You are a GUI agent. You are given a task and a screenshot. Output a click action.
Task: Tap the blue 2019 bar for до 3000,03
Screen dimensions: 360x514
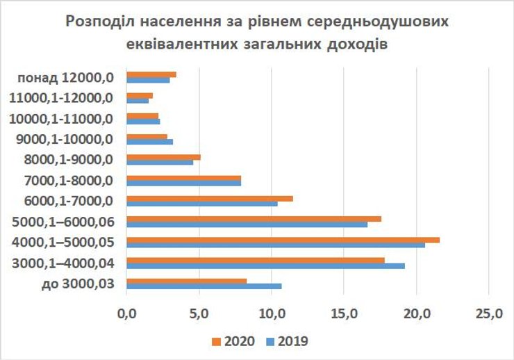tap(205, 286)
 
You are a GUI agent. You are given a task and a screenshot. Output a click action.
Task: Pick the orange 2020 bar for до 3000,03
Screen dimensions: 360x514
tap(187, 281)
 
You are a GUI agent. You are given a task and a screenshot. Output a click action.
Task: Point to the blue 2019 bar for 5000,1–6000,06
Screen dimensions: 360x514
tap(247, 224)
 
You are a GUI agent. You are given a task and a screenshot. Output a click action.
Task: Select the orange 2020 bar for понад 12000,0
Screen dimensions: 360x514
tap(151, 74)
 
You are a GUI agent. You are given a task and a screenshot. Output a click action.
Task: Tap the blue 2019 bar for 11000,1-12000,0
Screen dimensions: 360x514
tap(138, 100)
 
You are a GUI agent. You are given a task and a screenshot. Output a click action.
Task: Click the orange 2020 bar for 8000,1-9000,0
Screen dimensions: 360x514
tap(164, 157)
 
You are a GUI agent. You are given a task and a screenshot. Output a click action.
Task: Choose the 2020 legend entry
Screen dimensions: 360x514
tap(232, 341)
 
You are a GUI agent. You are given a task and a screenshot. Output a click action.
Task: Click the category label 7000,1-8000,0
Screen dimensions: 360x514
tap(67, 181)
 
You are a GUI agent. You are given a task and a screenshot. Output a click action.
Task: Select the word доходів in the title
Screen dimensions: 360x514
tap(354, 43)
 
